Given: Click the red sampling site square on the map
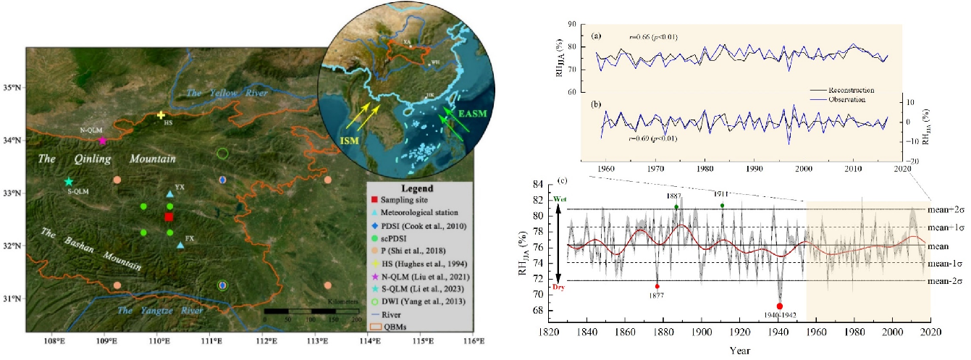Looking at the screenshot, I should [x=169, y=217].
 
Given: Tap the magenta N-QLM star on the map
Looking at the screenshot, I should [x=102, y=141].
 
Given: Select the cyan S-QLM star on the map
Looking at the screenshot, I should [x=69, y=182].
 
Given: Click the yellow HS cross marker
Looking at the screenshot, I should [x=161, y=115].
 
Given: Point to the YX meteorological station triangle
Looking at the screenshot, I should [x=170, y=194].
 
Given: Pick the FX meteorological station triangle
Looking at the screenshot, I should [x=180, y=245].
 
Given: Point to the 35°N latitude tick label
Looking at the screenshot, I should [x=14, y=88].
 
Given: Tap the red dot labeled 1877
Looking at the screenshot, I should [x=657, y=286].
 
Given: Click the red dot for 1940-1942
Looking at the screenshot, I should [x=780, y=306].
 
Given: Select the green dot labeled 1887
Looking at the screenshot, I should [x=676, y=207].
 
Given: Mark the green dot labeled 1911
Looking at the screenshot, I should [x=722, y=206].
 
